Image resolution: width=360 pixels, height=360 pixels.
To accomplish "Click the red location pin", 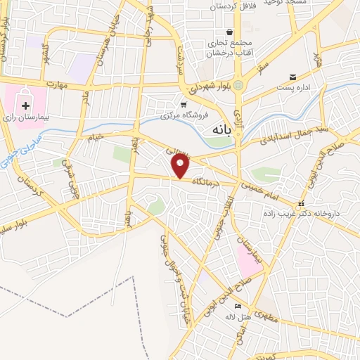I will [181, 166].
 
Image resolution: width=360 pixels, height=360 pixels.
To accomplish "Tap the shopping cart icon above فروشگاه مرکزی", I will [184, 104].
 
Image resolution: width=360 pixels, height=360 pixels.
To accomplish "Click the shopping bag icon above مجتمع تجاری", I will [230, 32].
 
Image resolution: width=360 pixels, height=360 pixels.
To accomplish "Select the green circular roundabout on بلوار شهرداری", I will [240, 86].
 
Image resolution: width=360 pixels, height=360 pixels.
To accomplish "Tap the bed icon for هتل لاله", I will [238, 307].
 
